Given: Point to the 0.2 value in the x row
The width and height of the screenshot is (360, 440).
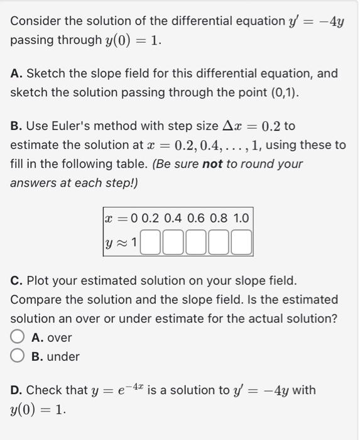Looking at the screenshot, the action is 151,219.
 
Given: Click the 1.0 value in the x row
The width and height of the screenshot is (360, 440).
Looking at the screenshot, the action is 241,219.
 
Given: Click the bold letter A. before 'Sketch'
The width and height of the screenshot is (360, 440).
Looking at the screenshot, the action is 17,74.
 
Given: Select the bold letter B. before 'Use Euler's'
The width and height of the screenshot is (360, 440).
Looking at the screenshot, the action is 17,126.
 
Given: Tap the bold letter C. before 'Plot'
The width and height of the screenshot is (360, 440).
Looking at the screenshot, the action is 17,280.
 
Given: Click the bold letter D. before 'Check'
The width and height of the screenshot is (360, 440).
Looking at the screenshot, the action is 17,390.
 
